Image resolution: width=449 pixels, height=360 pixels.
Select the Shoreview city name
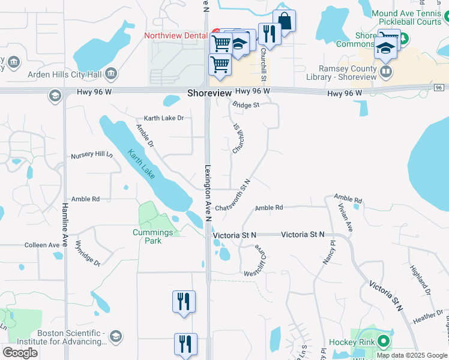tap(209, 94)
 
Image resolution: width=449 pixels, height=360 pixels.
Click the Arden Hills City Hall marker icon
tap(110, 74)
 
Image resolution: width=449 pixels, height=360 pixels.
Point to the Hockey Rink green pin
tap(384, 343)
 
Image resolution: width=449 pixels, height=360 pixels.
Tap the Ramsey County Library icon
tap(387, 73)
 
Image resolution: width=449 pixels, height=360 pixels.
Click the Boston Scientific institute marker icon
tap(116, 338)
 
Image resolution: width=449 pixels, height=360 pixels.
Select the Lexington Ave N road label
tap(208, 193)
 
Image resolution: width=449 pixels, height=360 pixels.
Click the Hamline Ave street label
tap(65, 226)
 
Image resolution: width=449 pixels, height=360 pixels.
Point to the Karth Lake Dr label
tap(163, 118)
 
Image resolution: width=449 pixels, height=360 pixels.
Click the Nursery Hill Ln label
tap(91, 155)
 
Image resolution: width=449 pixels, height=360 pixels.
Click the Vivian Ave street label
tap(345, 217)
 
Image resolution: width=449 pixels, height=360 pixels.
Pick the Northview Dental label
tap(175, 35)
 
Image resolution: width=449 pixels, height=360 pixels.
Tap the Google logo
tap(20, 353)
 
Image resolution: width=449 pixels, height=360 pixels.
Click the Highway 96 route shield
tap(439, 88)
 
